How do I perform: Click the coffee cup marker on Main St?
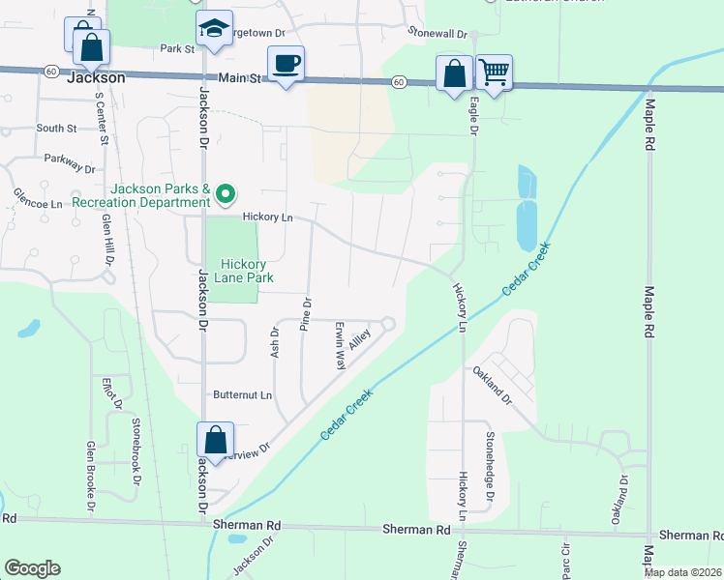click(286, 65)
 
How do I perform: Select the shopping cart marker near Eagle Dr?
click(494, 72)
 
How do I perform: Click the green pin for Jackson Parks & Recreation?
click(226, 195)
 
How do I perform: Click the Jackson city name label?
click(96, 77)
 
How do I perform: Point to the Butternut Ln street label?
click(243, 395)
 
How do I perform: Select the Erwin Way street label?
click(340, 346)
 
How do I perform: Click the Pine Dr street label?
click(306, 314)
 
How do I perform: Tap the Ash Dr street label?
click(275, 343)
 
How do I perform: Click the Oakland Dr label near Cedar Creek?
click(491, 385)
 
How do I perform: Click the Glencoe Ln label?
click(38, 191)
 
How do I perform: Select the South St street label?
click(56, 128)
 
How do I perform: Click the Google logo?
click(32, 568)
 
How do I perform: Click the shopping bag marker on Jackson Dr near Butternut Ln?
click(215, 440)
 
